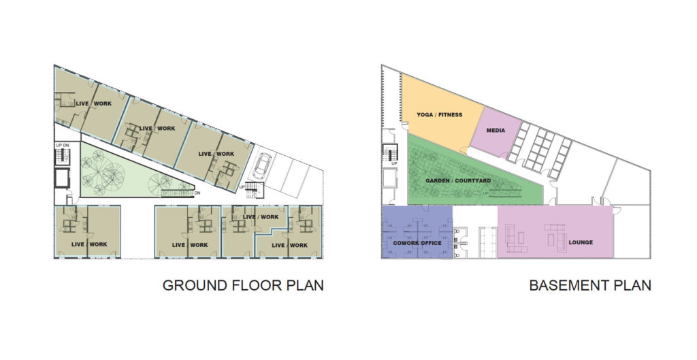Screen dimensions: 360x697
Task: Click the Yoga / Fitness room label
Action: point(439,115)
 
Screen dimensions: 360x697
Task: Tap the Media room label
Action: point(496,130)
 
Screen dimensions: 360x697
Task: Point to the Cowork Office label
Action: point(417,243)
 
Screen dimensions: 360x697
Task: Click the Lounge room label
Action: point(581,242)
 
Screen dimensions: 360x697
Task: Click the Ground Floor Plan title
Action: point(242,285)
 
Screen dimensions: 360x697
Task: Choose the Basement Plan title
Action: point(589,285)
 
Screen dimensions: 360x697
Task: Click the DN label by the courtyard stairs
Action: point(197,193)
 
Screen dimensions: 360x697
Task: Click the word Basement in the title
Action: point(566,285)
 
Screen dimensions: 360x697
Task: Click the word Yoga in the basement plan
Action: point(425,115)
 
